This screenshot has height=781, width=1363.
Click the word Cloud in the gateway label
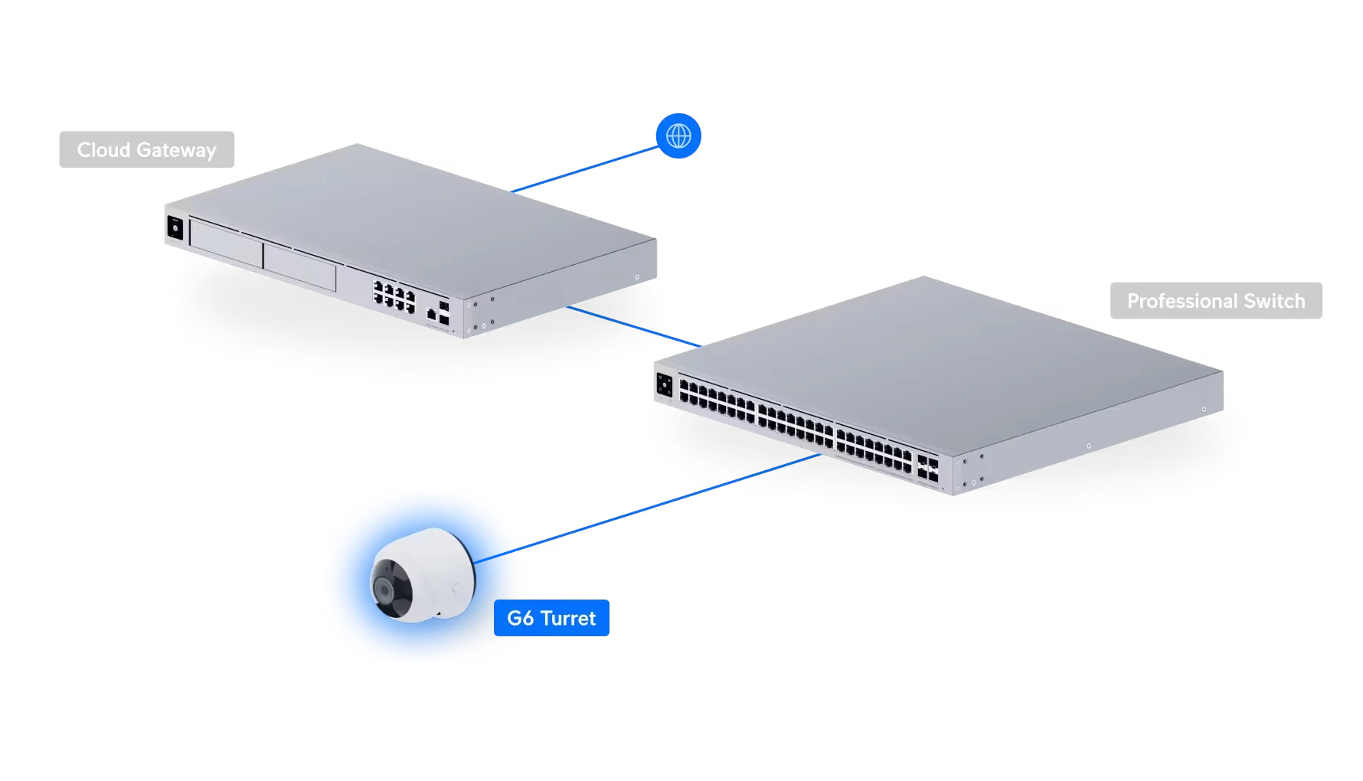[103, 150]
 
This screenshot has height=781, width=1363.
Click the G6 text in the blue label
[520, 618]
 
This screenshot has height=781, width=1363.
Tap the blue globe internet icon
[678, 136]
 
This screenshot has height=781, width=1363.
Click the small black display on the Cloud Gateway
[175, 227]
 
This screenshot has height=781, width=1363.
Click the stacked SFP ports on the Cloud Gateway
[444, 309]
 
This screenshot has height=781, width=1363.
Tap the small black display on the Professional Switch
[663, 385]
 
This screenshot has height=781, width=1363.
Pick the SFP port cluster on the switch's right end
[928, 468]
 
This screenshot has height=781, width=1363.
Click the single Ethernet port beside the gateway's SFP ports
[431, 312]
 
